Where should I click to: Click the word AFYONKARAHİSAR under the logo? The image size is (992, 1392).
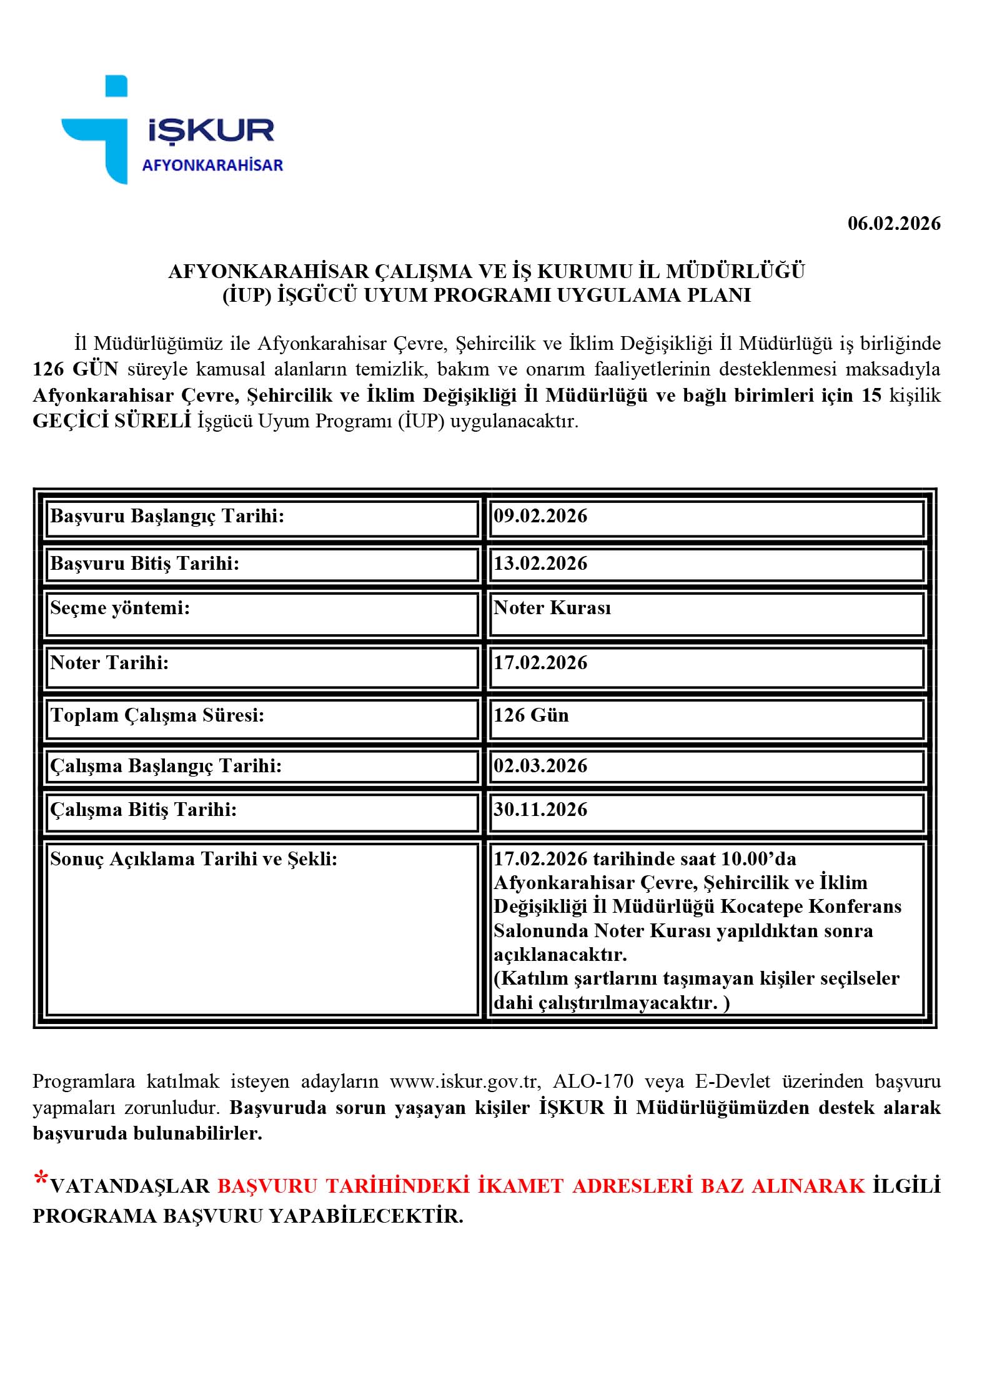pos(212,166)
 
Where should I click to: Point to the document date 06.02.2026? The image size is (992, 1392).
pos(893,224)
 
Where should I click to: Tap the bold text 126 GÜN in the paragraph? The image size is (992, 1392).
pos(76,369)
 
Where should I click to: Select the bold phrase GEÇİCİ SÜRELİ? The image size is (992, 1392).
pos(112,421)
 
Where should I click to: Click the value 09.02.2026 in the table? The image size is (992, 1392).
pos(540,516)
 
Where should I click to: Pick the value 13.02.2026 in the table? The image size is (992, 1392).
pos(540,564)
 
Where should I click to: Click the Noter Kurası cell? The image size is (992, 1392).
pos(552,608)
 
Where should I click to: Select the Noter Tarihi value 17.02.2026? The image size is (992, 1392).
pos(540,663)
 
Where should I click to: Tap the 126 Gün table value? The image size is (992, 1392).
pos(531,715)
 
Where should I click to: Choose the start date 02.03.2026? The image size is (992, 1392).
pos(540,766)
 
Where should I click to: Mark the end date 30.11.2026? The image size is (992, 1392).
pos(540,810)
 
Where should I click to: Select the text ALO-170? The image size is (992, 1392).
pos(593,1081)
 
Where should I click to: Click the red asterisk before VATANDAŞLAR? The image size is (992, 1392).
pos(41,1180)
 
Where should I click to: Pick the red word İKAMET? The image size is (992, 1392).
pos(520,1186)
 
